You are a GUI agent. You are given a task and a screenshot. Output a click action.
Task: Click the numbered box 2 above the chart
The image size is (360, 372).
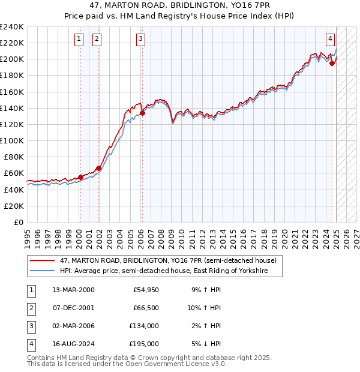[x=97, y=40]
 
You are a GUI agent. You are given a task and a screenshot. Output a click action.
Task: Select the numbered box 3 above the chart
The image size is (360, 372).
[x=140, y=40]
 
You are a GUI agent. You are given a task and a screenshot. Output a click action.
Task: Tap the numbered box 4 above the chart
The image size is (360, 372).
[x=330, y=40]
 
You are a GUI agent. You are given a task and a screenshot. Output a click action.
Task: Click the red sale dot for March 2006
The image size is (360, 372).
[x=142, y=113]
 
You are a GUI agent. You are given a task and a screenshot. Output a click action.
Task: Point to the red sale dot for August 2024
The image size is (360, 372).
[x=332, y=63]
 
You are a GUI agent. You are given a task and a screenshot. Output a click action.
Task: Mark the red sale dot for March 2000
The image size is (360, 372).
[x=80, y=177]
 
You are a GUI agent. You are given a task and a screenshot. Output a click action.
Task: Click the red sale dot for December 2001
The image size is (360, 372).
[x=98, y=168]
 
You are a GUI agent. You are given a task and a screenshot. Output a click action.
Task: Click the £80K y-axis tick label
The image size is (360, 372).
[x=13, y=157]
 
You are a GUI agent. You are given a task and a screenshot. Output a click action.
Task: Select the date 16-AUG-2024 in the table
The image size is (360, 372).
[x=73, y=344]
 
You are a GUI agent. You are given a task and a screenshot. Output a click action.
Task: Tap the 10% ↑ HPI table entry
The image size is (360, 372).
[x=203, y=308]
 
